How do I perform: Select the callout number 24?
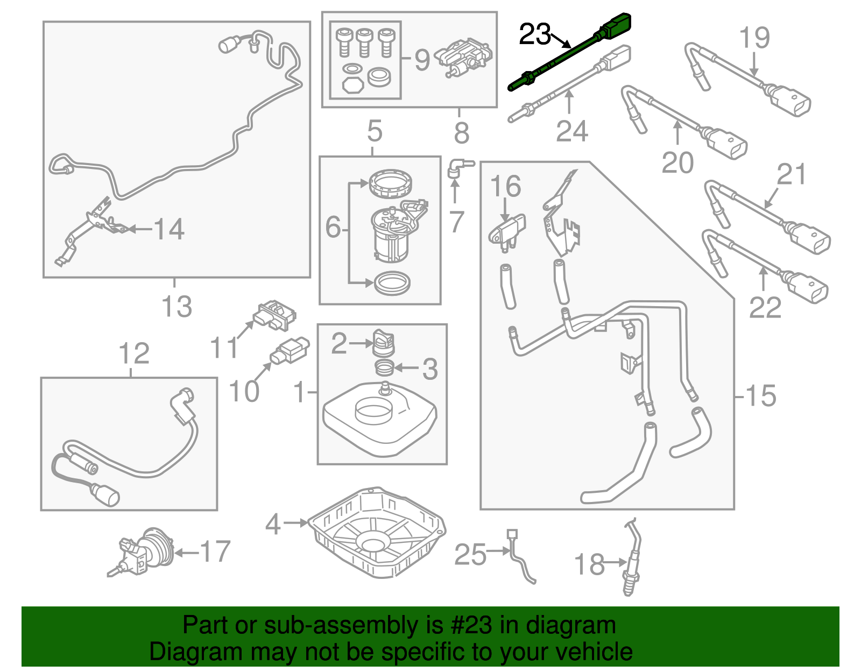pos(571,131)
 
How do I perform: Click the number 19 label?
pos(754,38)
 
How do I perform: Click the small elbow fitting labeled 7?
pos(457,166)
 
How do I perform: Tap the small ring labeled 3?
pos(384,369)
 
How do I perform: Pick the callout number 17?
pos(215,551)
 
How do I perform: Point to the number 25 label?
pos(470,554)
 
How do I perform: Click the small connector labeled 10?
pos(290,352)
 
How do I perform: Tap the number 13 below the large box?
pos(177,307)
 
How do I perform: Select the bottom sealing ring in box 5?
pos(392,282)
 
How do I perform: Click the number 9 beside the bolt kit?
pos(422,60)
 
